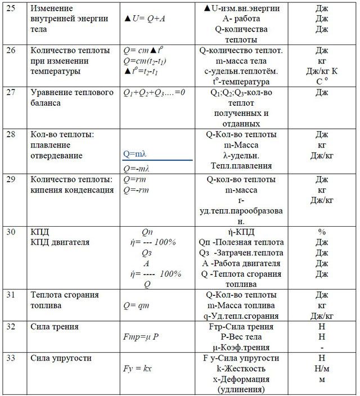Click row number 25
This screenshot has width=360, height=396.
(11, 9)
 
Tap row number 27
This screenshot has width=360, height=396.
(11, 92)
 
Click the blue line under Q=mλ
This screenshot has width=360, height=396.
(157, 160)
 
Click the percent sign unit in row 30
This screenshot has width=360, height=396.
(322, 231)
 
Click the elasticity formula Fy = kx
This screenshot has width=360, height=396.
(138, 368)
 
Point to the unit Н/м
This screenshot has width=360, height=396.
(322, 368)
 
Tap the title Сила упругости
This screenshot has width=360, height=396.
(60, 358)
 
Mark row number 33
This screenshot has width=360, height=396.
(11, 358)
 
